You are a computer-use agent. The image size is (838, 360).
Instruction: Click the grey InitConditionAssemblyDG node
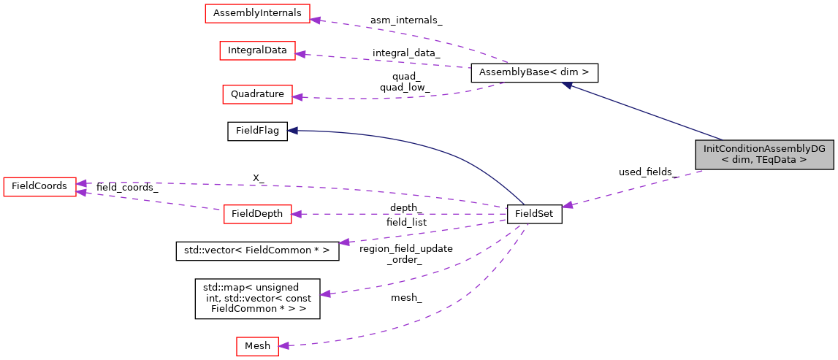tap(764, 154)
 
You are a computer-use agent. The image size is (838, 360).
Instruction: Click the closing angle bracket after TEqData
tap(803, 159)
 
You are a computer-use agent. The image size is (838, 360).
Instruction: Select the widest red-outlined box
tap(257, 13)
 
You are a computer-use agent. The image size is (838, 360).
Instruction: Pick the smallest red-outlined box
tap(257, 346)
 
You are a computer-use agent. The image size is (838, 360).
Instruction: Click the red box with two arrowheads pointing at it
tap(39, 187)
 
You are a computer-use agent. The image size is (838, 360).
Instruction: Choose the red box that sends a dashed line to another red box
tap(257, 214)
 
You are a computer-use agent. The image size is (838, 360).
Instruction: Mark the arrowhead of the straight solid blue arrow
tap(567, 85)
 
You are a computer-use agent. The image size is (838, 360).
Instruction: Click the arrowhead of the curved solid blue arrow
tap(292, 131)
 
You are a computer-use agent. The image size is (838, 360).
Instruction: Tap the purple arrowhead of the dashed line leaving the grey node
tap(567, 205)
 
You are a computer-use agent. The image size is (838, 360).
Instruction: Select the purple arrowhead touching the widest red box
tap(316, 19)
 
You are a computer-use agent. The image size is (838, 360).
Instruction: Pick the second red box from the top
tap(257, 50)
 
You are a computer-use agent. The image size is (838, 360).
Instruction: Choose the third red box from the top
tap(257, 94)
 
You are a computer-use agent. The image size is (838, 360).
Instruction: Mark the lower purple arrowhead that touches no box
tap(325, 294)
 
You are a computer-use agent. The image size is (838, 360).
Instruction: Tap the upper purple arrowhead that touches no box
tap(344, 242)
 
